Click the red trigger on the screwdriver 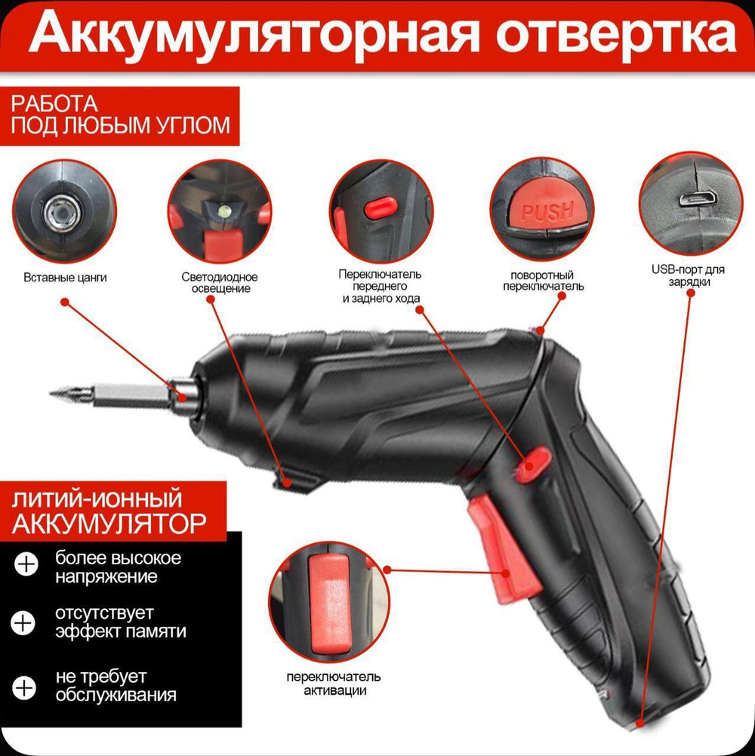501,547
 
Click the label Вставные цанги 66,278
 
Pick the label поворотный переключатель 544,281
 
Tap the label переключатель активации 334,682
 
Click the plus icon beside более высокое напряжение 26,565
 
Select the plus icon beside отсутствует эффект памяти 24,623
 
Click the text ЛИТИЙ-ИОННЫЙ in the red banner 97,499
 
